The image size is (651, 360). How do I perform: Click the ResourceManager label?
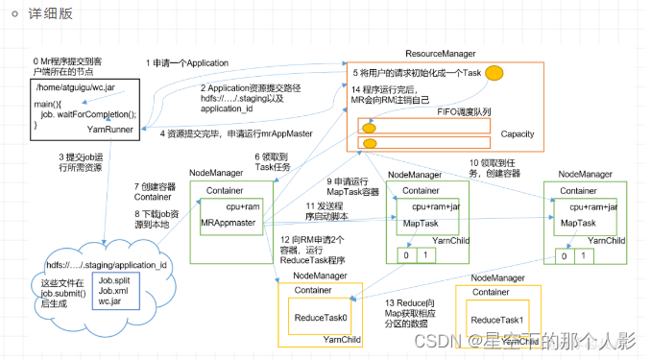pos(441,54)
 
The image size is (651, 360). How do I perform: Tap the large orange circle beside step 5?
pos(494,73)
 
